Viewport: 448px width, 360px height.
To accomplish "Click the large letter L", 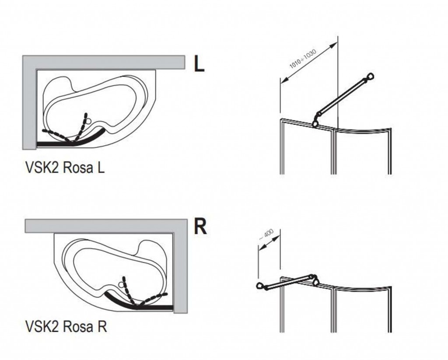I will tap(199, 64).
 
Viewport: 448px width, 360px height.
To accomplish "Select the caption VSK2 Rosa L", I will tap(65, 168).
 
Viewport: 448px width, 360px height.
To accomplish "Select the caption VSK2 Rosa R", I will tap(65, 327).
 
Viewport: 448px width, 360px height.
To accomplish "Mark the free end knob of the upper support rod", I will tap(371, 77).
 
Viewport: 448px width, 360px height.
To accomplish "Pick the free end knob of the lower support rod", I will tap(261, 287).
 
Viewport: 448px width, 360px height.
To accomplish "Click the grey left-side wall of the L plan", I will tap(29, 105).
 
